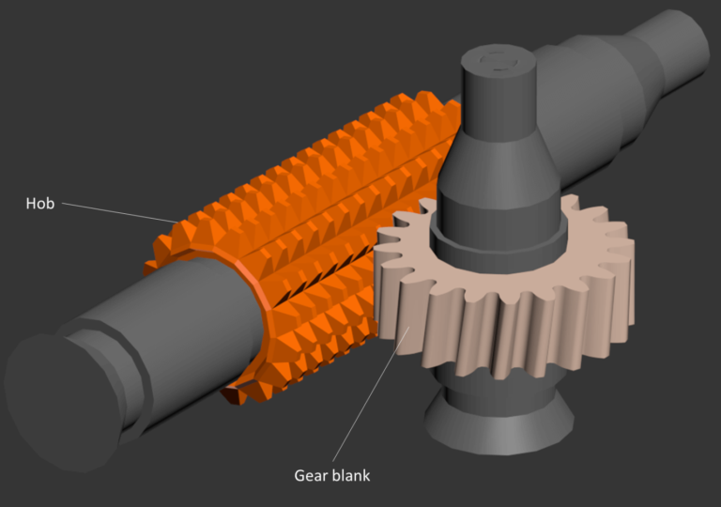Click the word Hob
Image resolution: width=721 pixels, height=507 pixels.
point(40,203)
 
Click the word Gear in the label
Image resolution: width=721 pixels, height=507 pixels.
point(313,475)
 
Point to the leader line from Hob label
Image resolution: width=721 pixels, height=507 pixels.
point(118,212)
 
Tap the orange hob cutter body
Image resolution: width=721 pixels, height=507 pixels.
point(310,188)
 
